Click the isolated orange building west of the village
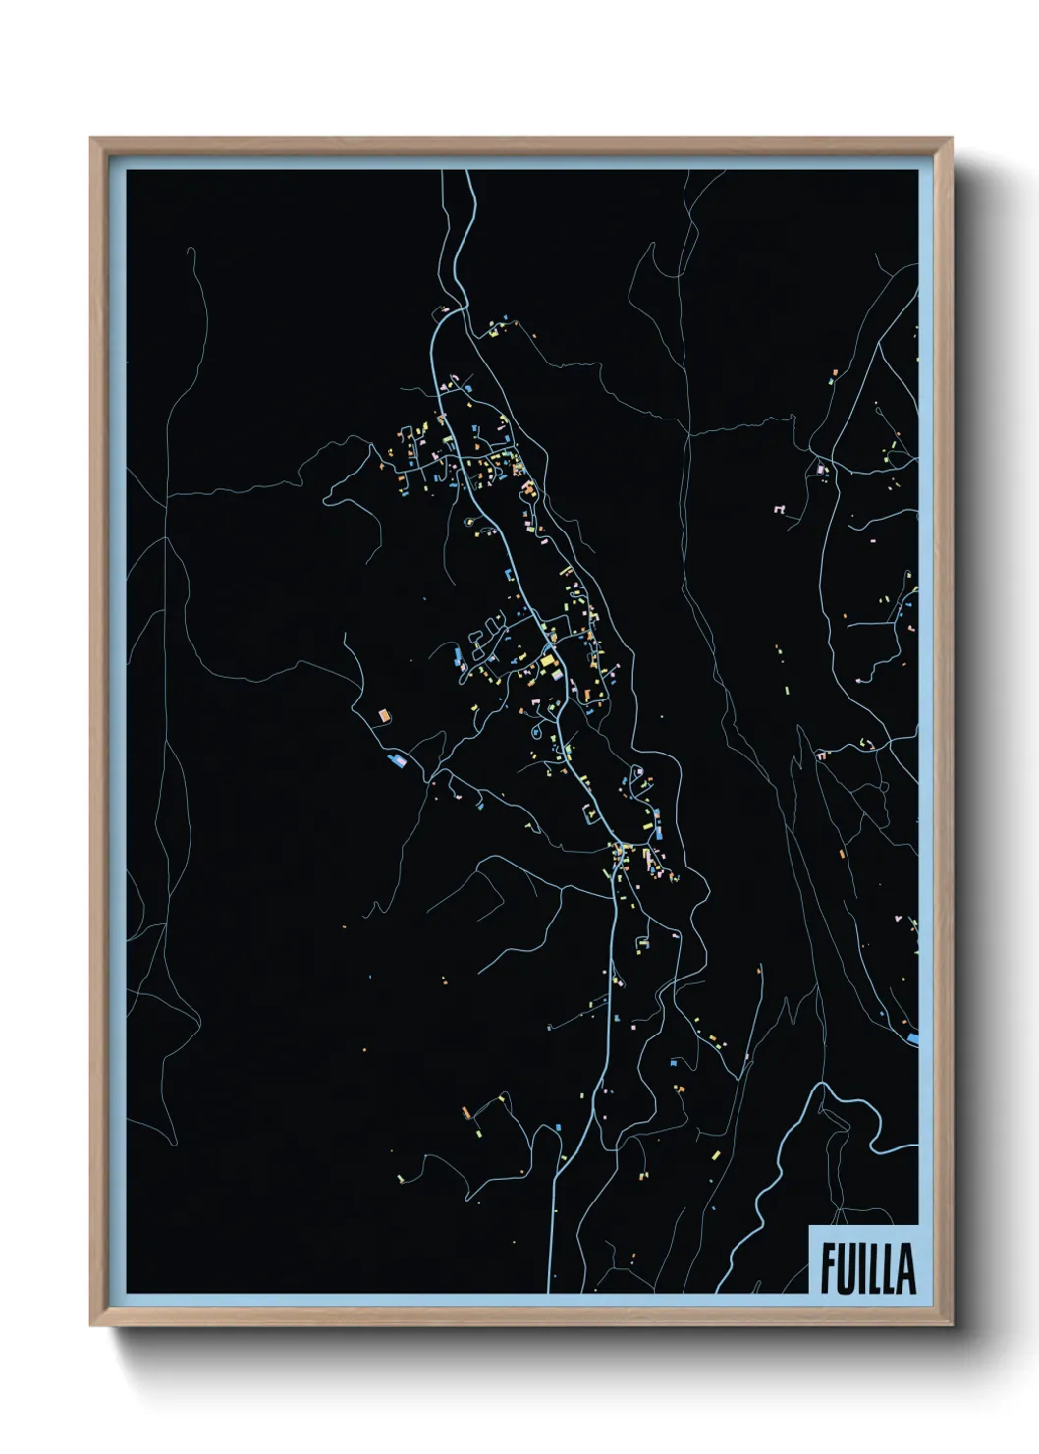[x=384, y=716]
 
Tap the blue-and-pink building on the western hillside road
[x=398, y=761]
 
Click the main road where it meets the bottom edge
[x=551, y=1289]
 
